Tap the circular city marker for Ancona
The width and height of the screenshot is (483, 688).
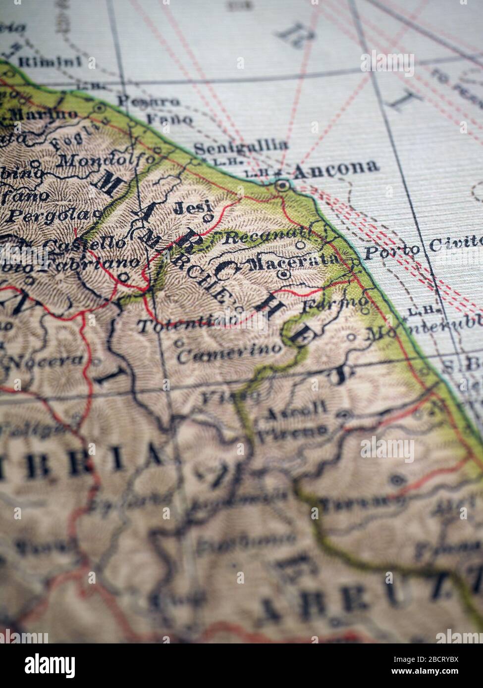282,186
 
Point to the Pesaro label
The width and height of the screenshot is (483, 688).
148,102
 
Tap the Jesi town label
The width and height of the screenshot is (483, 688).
192,207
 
